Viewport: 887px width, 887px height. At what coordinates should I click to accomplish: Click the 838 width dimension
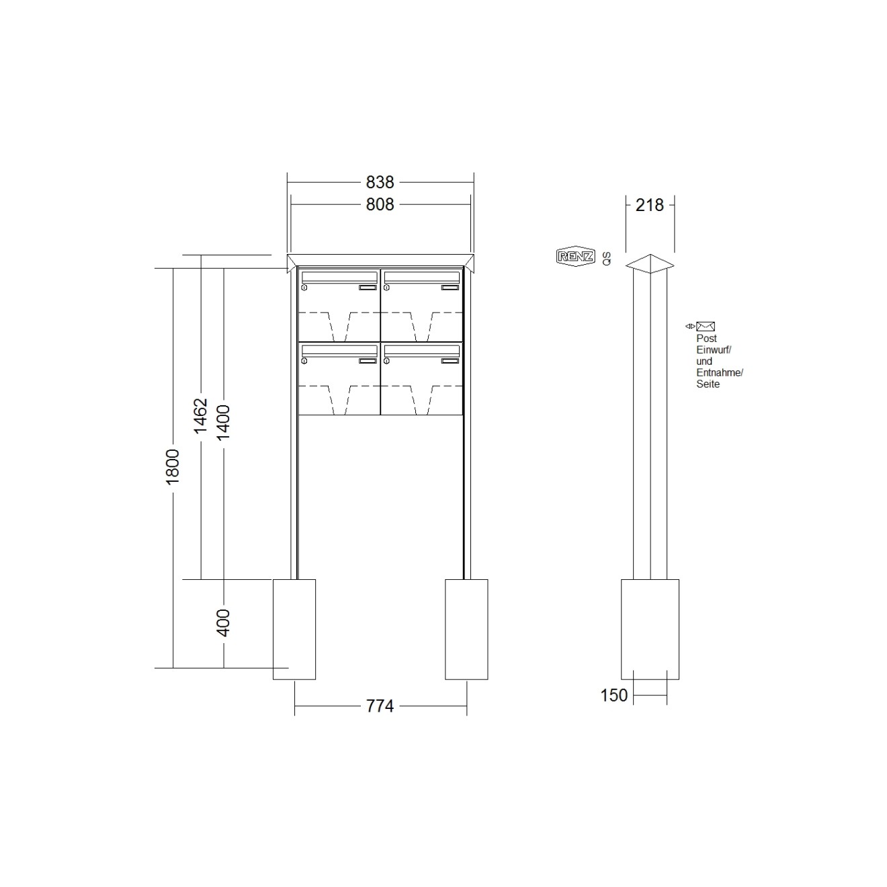380,182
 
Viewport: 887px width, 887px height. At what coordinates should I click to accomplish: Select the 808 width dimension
380,204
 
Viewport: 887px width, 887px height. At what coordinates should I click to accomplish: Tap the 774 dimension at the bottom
380,706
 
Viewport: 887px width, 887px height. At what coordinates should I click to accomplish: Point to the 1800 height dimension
173,467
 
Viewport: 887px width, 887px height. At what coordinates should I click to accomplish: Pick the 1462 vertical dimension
201,416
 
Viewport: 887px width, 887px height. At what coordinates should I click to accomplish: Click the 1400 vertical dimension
223,423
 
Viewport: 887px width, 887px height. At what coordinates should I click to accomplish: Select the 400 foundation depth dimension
223,623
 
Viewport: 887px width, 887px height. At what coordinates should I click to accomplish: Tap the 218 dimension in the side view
650,206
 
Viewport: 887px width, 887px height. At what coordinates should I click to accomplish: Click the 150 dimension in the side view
614,695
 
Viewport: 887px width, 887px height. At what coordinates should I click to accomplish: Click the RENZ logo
575,257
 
